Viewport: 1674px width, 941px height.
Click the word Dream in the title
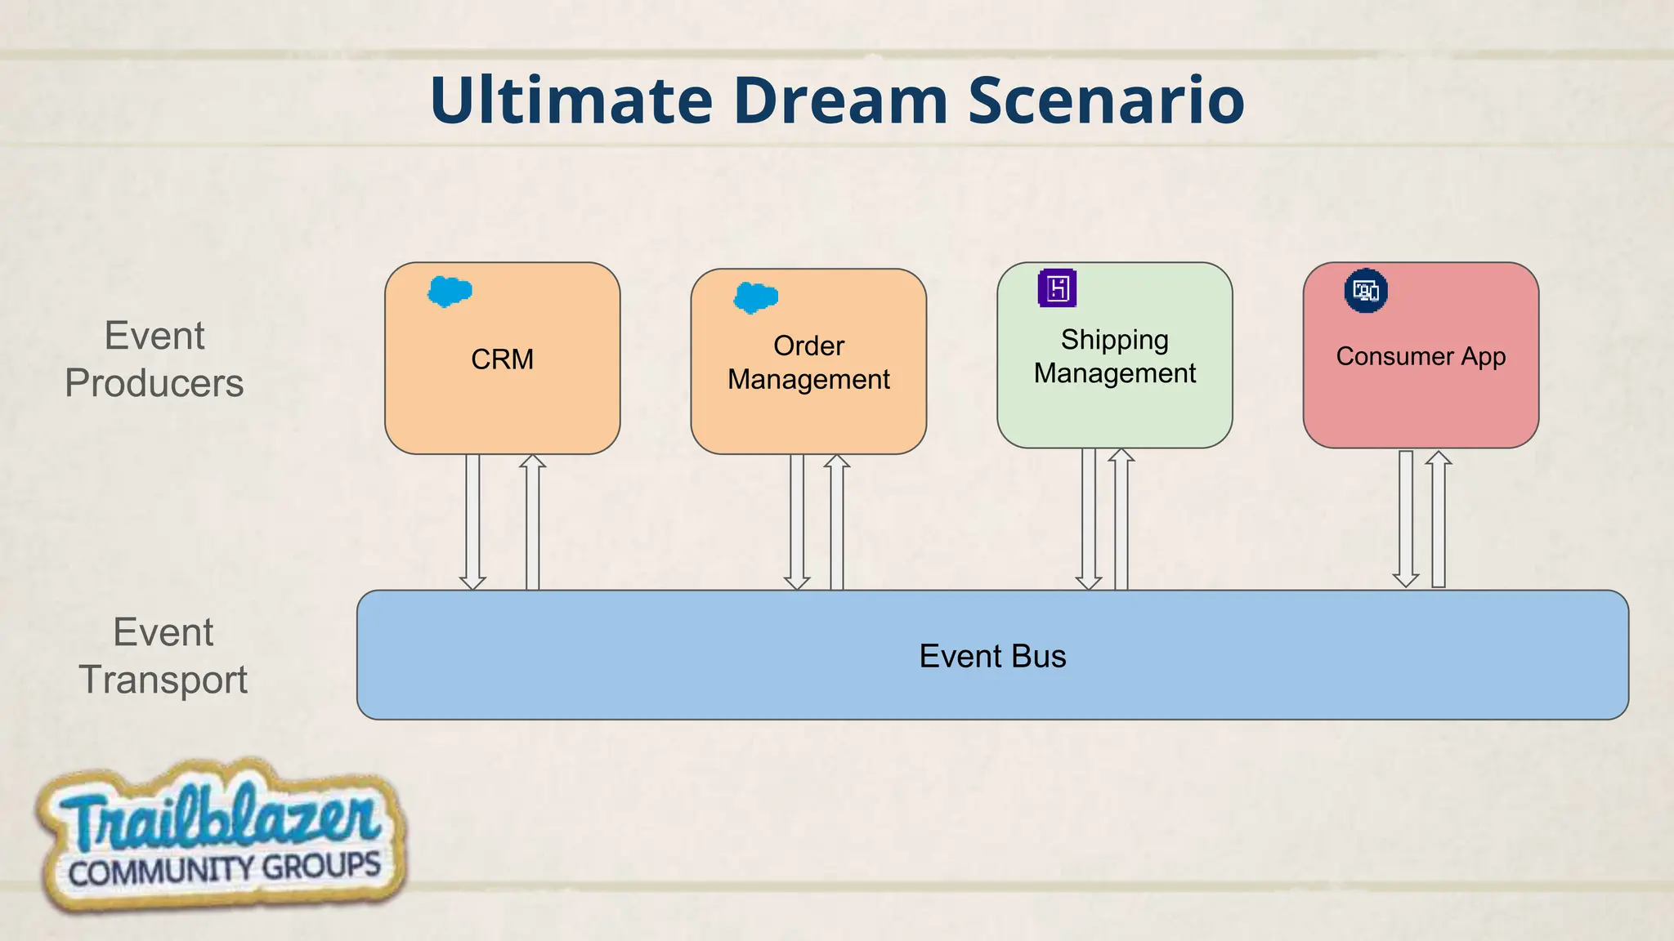click(x=840, y=100)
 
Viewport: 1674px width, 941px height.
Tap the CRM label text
click(x=502, y=359)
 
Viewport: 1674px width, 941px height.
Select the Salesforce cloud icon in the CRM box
click(x=450, y=291)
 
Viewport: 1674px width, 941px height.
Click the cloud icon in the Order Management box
click(x=755, y=297)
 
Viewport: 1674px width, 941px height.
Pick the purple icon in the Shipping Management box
click(x=1057, y=288)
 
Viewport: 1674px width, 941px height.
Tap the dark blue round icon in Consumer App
click(x=1366, y=291)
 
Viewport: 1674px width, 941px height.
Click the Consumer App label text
click(x=1421, y=356)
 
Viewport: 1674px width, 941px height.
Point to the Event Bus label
click(x=992, y=656)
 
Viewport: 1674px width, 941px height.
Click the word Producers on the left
click(x=154, y=383)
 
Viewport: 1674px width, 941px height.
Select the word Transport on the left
click(x=163, y=680)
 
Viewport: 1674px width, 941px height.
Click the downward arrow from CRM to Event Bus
click(x=472, y=523)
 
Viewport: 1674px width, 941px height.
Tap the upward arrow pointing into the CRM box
click(x=532, y=523)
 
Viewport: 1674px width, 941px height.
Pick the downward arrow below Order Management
click(x=797, y=523)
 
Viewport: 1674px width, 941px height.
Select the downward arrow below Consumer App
click(x=1406, y=520)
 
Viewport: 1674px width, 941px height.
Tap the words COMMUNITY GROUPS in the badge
click(x=225, y=869)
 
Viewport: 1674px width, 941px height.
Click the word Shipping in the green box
click(x=1114, y=339)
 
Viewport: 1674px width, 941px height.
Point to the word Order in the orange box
click(x=808, y=346)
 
